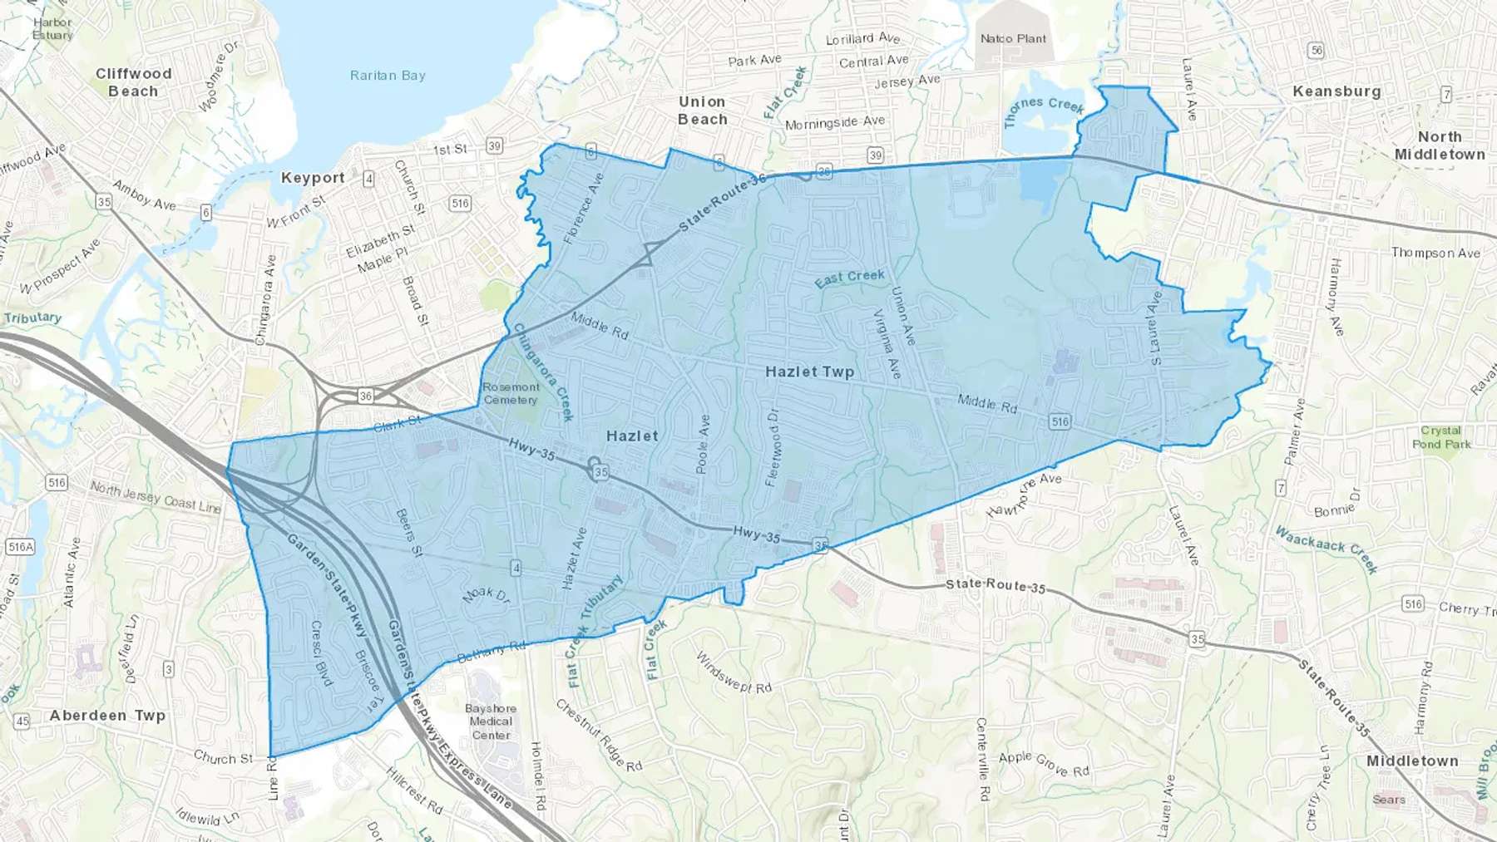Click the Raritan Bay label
[x=388, y=76]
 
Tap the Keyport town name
[x=313, y=178]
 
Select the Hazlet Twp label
[x=809, y=372]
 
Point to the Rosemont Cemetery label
[x=511, y=393]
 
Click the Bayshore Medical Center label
[x=491, y=721]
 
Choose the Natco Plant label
[x=1013, y=38]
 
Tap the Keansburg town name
[x=1336, y=91]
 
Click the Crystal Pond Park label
[x=1440, y=437]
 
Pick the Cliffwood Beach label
[x=133, y=82]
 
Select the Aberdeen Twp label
[x=107, y=715]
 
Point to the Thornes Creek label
[x=1044, y=110]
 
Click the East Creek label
[x=849, y=278]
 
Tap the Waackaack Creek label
[x=1327, y=549]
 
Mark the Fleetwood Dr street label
[x=773, y=447]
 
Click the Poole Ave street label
[x=704, y=445]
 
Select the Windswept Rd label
[x=734, y=673]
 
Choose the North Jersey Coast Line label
[x=156, y=497]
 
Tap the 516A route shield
[x=20, y=546]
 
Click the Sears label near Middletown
[x=1388, y=800]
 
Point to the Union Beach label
[x=702, y=111]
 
